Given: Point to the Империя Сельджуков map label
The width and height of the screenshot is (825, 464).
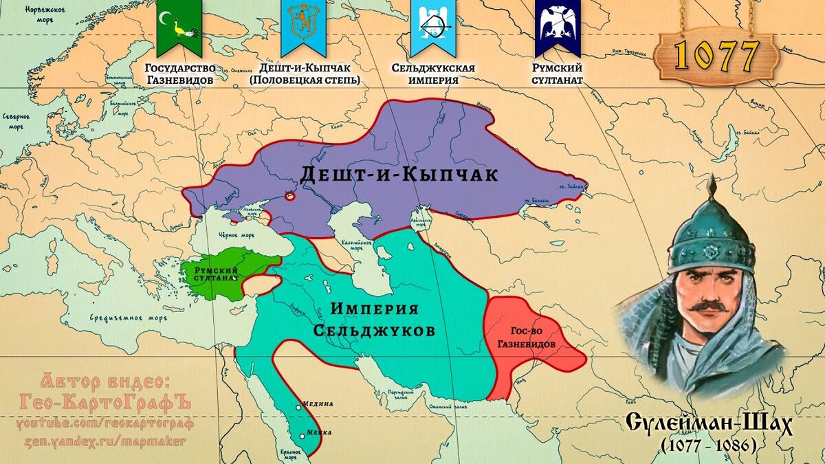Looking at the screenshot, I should (x=374, y=320).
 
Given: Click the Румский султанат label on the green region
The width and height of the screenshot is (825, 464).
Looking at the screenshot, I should (x=216, y=274).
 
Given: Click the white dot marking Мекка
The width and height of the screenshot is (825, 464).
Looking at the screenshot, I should (x=302, y=435).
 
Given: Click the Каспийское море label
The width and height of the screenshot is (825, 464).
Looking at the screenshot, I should (x=357, y=246).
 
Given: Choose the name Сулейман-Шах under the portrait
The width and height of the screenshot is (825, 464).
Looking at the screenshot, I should (x=709, y=424).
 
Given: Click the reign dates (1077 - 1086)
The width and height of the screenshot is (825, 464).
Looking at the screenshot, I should (x=709, y=446).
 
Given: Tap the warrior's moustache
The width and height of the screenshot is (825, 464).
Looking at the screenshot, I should (x=708, y=306).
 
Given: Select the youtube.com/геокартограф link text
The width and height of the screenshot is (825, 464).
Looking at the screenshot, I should (x=106, y=423).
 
